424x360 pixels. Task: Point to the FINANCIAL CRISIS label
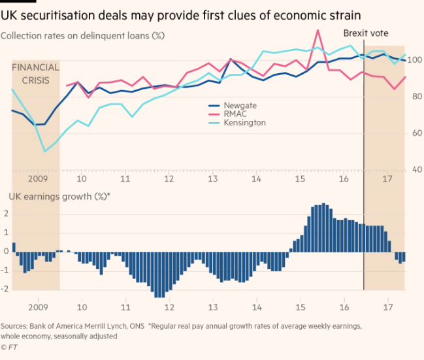tap(36, 73)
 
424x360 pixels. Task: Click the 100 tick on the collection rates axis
tap(415, 60)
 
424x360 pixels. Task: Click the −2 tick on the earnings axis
tap(5, 289)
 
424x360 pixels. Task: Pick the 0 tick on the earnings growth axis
tap(5, 251)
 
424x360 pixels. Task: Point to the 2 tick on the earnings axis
tap(5, 214)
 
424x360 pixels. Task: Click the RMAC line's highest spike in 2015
tap(318, 30)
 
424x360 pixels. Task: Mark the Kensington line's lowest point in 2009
tap(44, 152)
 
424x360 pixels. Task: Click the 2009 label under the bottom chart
tap(38, 306)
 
